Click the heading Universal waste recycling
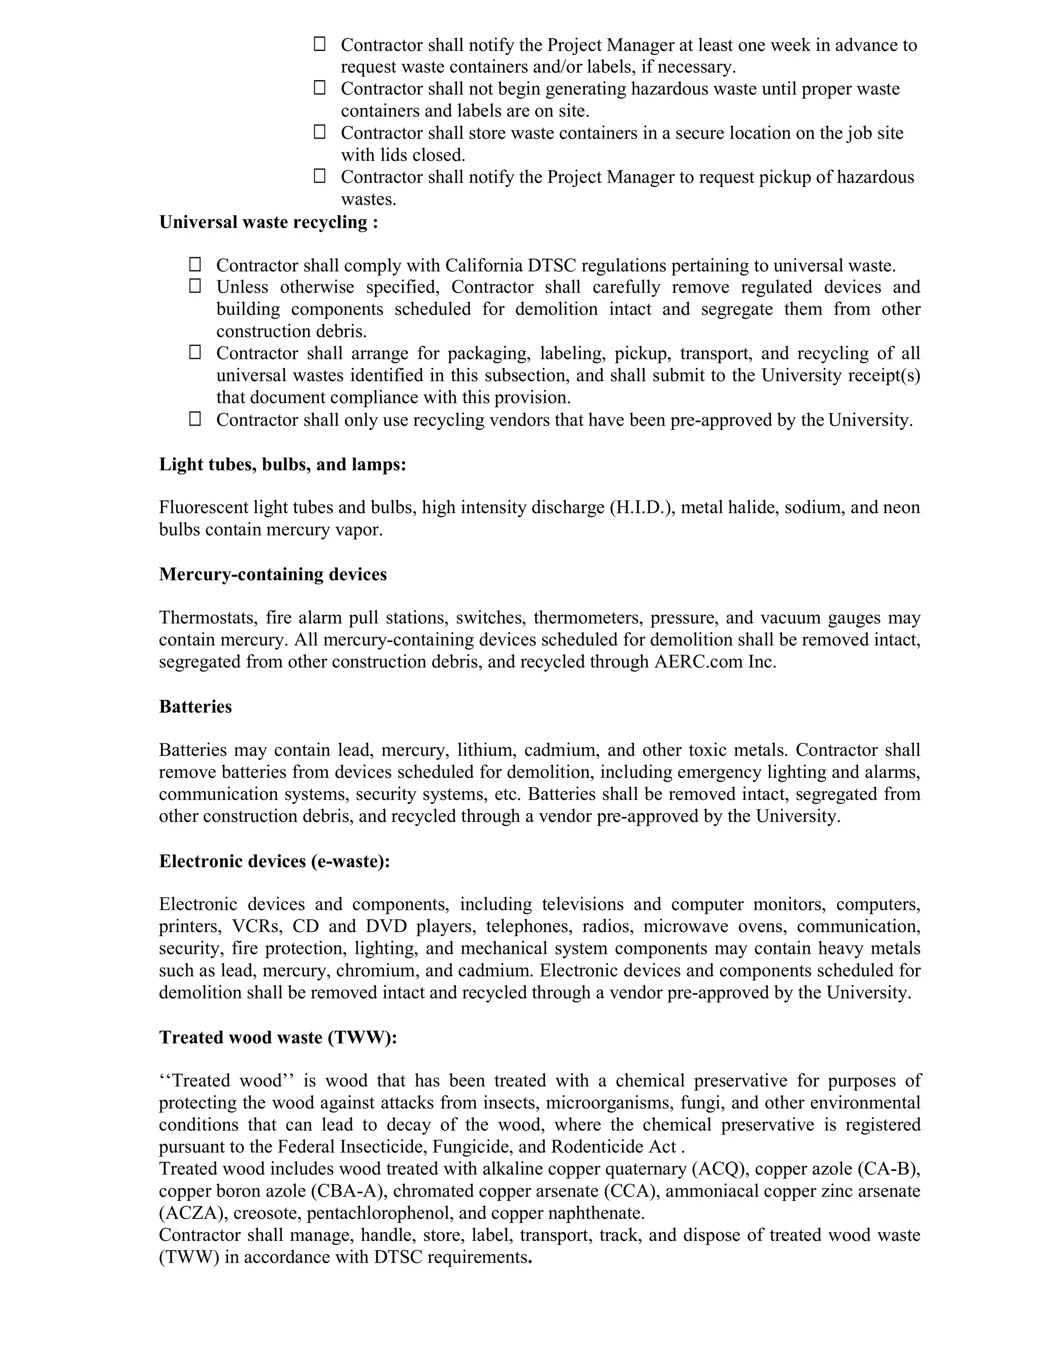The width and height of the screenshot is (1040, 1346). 269,222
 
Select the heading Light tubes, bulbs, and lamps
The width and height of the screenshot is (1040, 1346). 283,464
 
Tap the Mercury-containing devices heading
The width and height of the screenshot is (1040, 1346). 273,574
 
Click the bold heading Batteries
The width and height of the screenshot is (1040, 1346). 196,707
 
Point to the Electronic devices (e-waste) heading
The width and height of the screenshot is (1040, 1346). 275,861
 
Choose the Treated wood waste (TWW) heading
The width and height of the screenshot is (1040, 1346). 278,1037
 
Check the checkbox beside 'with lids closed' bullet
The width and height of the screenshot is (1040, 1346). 319,132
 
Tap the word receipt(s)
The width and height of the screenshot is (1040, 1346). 885,375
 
